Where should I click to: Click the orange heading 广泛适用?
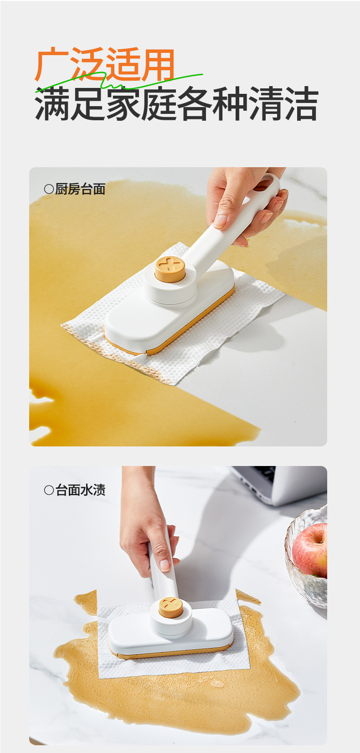105,64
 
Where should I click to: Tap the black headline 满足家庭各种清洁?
177,103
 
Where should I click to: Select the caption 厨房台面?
80,189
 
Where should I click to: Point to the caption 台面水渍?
80,490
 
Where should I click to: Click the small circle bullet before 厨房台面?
49,189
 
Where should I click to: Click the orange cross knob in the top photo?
170,269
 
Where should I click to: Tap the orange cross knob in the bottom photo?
171,607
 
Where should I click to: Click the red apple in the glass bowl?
310,550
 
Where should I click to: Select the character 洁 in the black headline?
301,103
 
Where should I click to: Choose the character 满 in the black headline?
52,103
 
